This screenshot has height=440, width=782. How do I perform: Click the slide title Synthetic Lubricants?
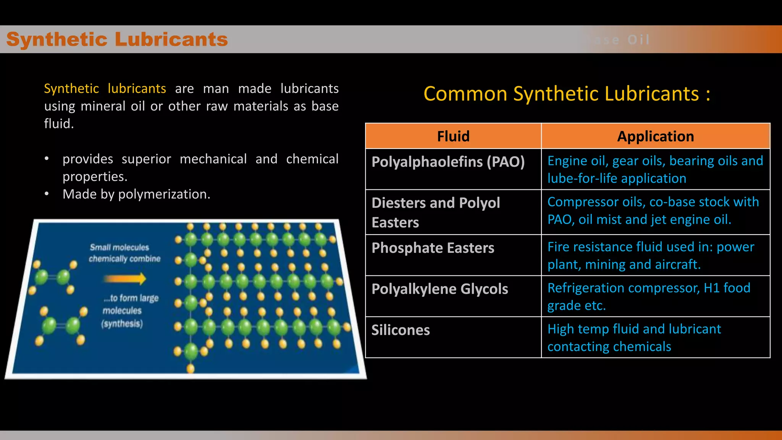[x=117, y=39]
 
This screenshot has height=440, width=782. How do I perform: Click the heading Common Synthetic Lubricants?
[x=567, y=94]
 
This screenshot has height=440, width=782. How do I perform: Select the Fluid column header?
[x=453, y=136]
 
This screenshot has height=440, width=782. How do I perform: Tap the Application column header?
[x=655, y=136]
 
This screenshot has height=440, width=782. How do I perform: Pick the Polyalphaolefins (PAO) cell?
[x=448, y=162]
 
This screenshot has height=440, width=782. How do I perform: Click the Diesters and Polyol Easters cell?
[x=436, y=212]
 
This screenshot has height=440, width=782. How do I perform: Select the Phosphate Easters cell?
[x=433, y=248]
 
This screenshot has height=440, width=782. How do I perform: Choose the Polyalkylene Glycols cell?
[x=439, y=289]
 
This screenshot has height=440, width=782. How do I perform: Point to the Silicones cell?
[x=401, y=330]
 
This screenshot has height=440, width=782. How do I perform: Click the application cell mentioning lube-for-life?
[x=655, y=170]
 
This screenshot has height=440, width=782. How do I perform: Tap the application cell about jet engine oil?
[x=653, y=211]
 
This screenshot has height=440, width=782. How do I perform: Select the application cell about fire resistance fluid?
[x=651, y=256]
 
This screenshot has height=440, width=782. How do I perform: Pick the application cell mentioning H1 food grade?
[x=649, y=296]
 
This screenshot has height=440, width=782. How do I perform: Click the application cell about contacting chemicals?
[x=634, y=338]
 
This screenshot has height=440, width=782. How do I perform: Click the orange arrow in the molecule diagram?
[x=125, y=279]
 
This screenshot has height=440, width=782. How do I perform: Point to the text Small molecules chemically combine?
[x=124, y=253]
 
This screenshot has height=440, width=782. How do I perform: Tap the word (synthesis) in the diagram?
[x=122, y=324]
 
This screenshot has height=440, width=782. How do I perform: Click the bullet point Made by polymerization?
[x=136, y=194]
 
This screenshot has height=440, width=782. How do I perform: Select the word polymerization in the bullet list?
[x=164, y=194]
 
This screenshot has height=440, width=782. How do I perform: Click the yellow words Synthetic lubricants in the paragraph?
[x=105, y=89]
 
